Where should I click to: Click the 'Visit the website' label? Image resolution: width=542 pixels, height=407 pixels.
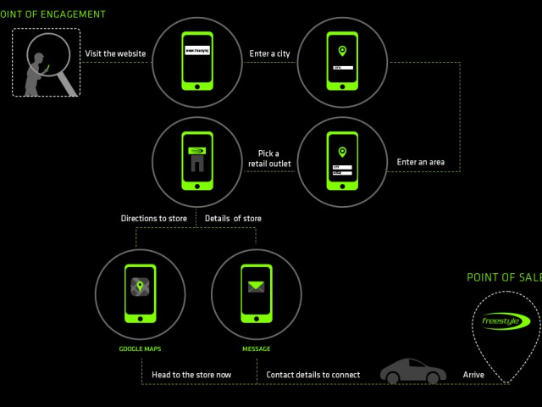point(115,53)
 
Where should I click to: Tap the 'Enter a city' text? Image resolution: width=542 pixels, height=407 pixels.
point(269,53)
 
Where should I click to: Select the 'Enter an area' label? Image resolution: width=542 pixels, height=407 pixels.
point(421,162)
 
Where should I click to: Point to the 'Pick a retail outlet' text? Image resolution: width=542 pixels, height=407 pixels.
point(268,159)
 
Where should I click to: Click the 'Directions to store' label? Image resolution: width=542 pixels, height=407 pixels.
point(153,218)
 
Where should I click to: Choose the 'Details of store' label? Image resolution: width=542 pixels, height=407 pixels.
point(233,218)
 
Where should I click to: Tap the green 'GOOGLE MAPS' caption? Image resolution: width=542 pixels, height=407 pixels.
point(140,348)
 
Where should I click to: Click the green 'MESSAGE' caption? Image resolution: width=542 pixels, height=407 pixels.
point(256,348)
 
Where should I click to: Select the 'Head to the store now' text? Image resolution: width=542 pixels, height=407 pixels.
point(191,374)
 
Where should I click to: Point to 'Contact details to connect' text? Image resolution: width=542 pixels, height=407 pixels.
point(312,374)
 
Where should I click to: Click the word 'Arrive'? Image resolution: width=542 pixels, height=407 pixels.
point(473,374)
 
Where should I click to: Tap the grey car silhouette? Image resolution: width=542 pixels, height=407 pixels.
point(413,371)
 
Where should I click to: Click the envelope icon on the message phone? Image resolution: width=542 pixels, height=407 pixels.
point(256,287)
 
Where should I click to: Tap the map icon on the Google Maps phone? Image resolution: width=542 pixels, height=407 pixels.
point(140,287)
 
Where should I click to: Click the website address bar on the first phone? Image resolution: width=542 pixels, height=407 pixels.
point(196,51)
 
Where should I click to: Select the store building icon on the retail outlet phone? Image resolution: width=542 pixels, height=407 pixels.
point(196,162)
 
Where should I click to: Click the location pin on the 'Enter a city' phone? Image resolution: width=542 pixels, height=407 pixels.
point(342,50)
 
